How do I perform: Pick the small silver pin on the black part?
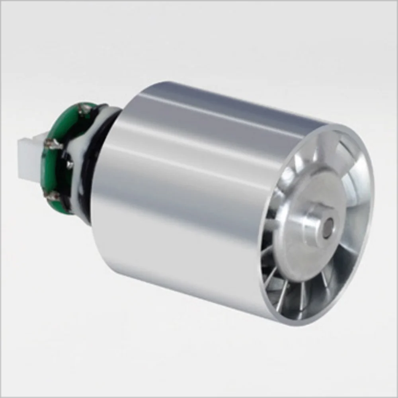tap(70, 164)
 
